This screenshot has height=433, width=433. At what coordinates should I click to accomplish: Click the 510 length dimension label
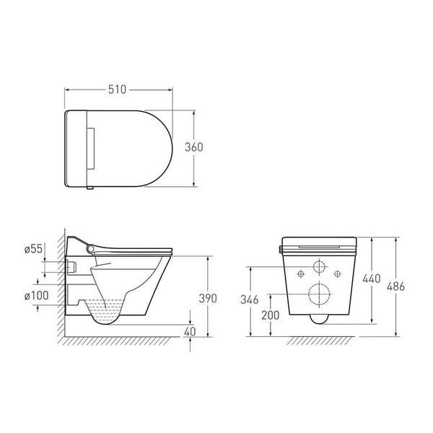[117, 89]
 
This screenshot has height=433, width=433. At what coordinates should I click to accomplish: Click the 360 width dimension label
[194, 147]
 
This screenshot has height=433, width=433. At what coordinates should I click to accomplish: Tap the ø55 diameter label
[33, 249]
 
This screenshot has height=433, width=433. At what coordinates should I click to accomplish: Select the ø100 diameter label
[37, 295]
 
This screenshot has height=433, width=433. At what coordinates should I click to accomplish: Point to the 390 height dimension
[208, 298]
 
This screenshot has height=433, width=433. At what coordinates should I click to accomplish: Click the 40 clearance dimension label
[190, 331]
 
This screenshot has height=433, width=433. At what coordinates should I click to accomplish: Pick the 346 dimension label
[250, 299]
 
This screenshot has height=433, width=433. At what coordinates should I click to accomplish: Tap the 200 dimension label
[271, 315]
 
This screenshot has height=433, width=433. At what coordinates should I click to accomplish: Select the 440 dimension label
[372, 279]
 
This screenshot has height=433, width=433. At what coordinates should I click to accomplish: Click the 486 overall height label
[395, 287]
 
